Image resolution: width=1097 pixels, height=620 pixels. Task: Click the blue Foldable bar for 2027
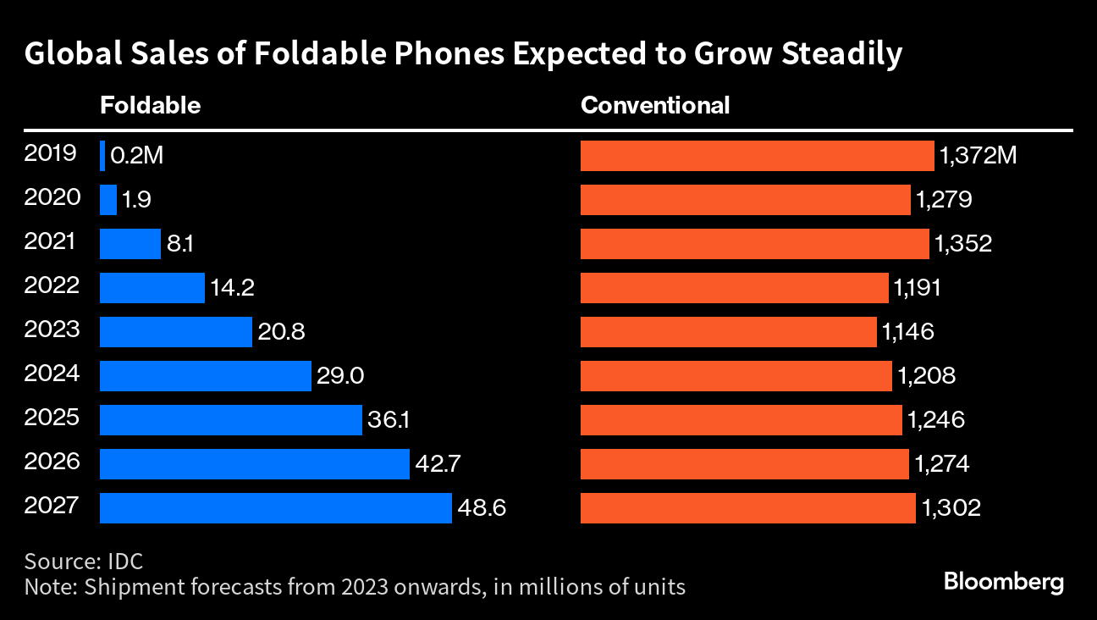[275, 508]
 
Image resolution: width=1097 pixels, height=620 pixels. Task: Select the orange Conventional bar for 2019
[757, 156]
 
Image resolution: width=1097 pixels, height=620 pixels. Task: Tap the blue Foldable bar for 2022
[152, 288]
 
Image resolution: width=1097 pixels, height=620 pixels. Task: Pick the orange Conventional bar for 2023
[728, 332]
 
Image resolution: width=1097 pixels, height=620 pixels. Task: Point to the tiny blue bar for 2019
[102, 156]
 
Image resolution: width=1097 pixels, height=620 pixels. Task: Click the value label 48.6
[482, 508]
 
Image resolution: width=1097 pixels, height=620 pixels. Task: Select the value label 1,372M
[977, 156]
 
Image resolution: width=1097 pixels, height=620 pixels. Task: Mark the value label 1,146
[907, 332]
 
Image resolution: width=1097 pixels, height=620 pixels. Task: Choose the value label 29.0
[339, 376]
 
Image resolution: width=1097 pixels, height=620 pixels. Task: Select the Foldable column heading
[150, 106]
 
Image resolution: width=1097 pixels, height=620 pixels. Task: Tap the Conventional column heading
[654, 106]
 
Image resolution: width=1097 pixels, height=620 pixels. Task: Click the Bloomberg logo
[1003, 583]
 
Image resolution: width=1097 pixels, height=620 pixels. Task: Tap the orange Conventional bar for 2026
[745, 464]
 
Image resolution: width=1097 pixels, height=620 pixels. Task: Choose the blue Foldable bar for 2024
[206, 376]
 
